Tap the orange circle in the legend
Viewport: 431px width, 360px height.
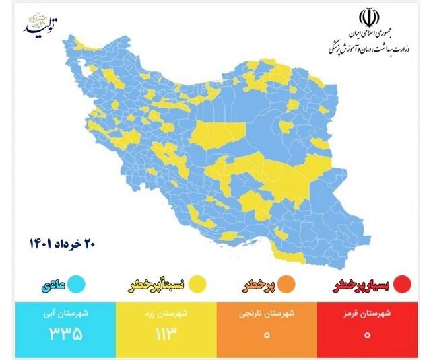[x=297, y=283]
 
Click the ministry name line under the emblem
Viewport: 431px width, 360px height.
[x=370, y=46]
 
